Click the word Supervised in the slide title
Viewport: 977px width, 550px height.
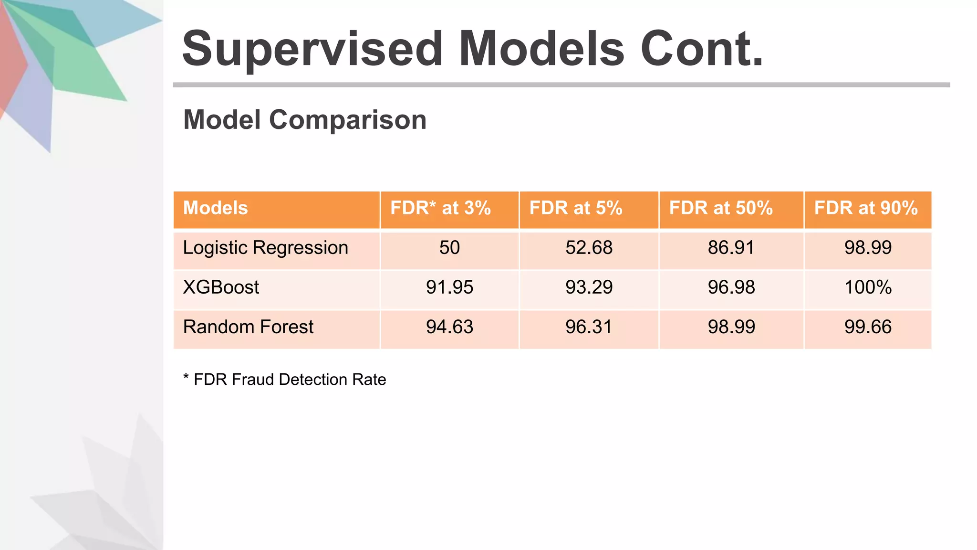tap(312, 50)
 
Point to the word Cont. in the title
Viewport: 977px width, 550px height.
tap(702, 50)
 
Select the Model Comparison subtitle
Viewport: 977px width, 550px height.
tap(305, 120)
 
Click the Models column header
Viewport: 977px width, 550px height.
tap(216, 208)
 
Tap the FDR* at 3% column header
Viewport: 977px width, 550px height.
tap(440, 208)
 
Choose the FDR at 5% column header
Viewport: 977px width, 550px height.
tap(576, 208)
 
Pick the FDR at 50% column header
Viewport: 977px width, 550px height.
tap(721, 208)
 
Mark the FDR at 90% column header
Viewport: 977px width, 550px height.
tap(866, 208)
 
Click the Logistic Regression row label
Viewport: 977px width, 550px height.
tap(266, 248)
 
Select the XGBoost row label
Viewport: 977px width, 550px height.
tap(221, 287)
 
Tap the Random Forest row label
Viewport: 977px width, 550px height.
tap(248, 327)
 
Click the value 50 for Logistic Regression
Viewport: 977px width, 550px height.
tap(449, 248)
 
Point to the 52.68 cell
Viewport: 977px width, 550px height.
tap(589, 248)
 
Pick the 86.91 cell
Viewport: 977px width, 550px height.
tap(731, 248)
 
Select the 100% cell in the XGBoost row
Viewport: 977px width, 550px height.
tap(868, 287)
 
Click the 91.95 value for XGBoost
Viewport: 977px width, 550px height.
tap(449, 287)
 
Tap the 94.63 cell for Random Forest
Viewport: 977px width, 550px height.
tap(449, 327)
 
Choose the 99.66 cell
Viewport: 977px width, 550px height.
tap(868, 327)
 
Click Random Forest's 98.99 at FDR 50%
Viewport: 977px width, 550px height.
tap(731, 327)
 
